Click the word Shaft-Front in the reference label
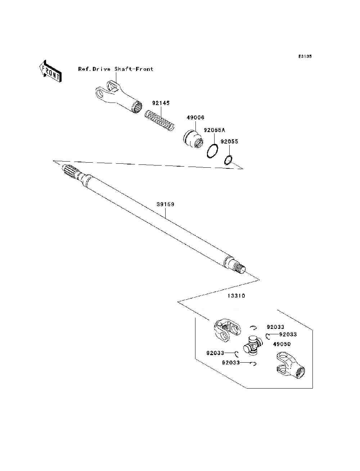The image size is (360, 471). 134,69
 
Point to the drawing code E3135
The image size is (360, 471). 305,56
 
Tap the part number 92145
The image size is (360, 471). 161,103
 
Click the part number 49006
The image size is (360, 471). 195,118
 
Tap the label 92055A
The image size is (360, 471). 214,130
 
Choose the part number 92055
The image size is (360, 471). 229,142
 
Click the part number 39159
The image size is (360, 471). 165,204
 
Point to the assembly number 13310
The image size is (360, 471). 236,296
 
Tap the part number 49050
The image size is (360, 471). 282,344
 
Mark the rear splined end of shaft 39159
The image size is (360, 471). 240,268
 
